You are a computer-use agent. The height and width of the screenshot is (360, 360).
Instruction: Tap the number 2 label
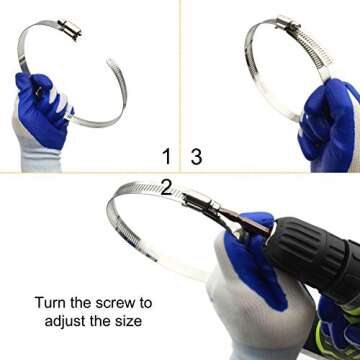(x=167, y=185)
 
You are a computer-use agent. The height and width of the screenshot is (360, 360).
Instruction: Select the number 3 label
(x=196, y=155)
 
